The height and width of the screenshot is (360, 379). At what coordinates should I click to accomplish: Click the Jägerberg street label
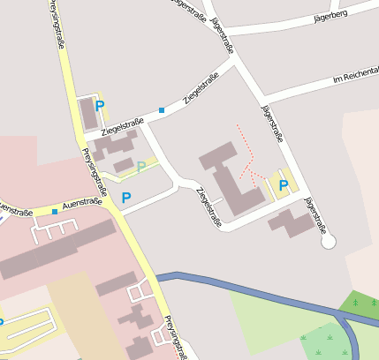(330, 15)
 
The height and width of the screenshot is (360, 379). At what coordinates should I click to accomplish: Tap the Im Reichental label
(355, 79)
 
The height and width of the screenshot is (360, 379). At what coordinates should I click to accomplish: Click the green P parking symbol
(140, 166)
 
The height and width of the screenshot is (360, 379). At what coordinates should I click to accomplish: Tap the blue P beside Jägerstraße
(284, 185)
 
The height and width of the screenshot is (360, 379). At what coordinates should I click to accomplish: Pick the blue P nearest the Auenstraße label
(125, 198)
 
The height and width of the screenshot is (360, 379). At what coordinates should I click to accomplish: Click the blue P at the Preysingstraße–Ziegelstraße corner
(100, 105)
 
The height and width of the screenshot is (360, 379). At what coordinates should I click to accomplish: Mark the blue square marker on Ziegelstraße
(162, 110)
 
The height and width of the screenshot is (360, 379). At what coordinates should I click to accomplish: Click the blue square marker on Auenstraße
(55, 211)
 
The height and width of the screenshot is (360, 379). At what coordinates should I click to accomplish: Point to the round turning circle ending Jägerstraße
(329, 240)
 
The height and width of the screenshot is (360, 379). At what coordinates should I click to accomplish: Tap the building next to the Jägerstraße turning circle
(292, 221)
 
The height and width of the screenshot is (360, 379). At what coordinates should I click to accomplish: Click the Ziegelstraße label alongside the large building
(209, 207)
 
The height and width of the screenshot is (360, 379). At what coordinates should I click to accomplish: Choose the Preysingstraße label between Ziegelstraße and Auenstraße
(95, 171)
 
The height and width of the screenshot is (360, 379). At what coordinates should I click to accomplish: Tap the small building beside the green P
(124, 165)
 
